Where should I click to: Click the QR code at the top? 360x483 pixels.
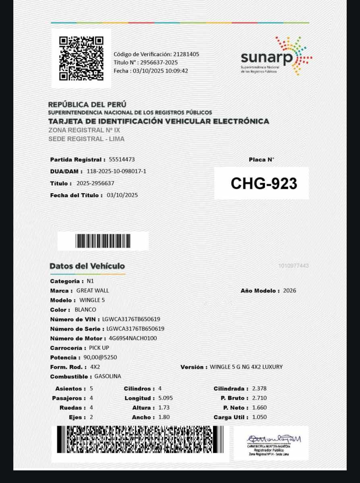tap(81, 58)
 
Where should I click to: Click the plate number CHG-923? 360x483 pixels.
tap(264, 184)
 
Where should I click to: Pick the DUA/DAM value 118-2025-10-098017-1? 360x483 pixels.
tap(116, 171)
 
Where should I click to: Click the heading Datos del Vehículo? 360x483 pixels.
tap(87, 266)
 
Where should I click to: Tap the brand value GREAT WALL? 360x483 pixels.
tap(93, 290)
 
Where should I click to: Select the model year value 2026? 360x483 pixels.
tap(290, 290)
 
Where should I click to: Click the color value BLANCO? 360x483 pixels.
tap(85, 310)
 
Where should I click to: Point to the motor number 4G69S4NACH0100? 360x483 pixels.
tap(133, 338)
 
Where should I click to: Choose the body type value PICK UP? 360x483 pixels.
tap(99, 348)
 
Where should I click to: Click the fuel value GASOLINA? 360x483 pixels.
tap(108, 376)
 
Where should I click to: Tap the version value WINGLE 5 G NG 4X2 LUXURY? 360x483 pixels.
tap(246, 367)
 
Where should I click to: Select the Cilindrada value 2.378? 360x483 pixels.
tap(259, 388)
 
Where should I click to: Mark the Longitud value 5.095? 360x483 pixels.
tap(166, 398)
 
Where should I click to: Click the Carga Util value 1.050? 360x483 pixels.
tap(259, 417)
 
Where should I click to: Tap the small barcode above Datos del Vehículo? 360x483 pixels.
tap(103, 241)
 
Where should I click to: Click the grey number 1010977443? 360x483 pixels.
tap(293, 266)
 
